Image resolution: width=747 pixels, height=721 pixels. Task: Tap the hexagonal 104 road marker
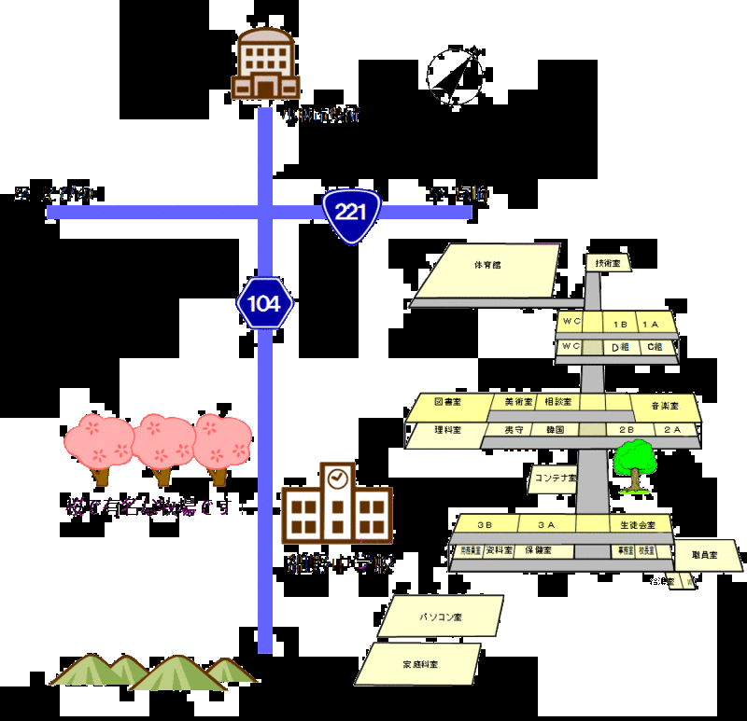[x=264, y=303]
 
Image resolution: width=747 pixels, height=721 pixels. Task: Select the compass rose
[x=458, y=74]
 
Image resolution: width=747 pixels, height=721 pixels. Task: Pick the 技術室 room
[x=608, y=264]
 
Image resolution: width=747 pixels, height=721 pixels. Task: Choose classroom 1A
[x=652, y=324]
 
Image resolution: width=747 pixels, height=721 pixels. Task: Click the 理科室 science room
[x=445, y=432]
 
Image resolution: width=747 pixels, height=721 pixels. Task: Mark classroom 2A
[x=672, y=430]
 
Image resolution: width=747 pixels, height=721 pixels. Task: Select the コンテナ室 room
[x=553, y=478]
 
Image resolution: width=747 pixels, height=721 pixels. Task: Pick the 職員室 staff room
[x=707, y=555]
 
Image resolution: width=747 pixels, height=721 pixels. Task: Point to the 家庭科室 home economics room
[x=420, y=664]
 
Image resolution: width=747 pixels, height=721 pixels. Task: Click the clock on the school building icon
[x=338, y=478]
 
